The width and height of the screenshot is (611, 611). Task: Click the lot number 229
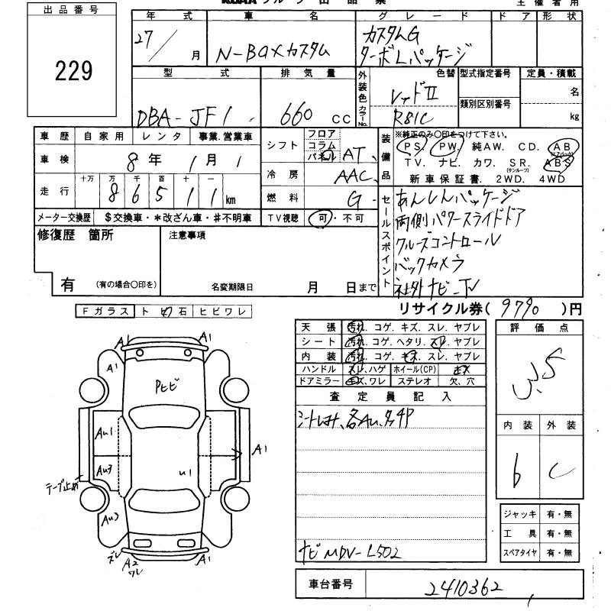point(74,71)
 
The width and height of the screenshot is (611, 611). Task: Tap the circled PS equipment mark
point(415,146)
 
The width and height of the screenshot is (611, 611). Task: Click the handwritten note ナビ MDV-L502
point(352,550)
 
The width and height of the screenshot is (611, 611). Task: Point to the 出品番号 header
point(73,10)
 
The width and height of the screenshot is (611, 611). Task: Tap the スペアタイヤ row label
point(519,551)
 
